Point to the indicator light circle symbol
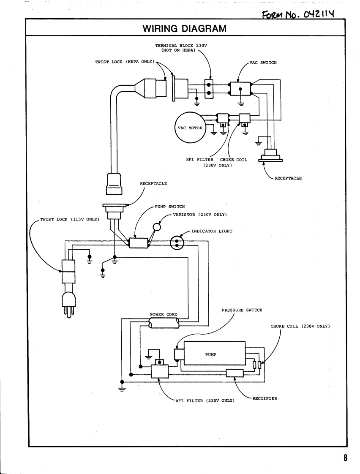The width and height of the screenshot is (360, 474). click(x=177, y=242)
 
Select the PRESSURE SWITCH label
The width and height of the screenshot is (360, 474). click(x=242, y=310)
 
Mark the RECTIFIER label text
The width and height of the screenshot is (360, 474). click(x=265, y=398)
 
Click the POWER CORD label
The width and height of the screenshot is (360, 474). click(x=164, y=315)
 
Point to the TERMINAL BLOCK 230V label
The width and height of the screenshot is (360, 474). click(x=185, y=47)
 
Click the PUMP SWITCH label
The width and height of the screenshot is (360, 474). click(x=171, y=207)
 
